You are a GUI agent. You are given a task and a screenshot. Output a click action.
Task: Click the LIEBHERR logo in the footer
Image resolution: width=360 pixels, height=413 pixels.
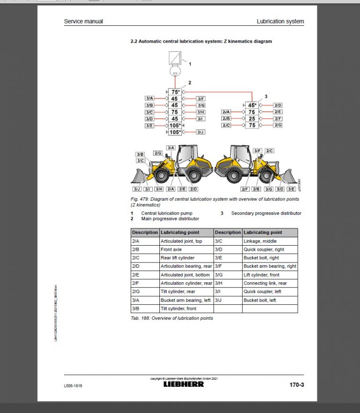pyautogui.click(x=183, y=384)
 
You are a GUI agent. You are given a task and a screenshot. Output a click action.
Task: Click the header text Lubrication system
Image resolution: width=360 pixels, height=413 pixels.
pyautogui.click(x=280, y=22)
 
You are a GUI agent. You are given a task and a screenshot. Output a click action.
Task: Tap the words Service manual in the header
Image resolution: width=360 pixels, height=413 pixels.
pyautogui.click(x=83, y=22)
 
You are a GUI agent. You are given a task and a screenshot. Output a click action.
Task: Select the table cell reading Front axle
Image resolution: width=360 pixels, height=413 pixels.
pyautogui.click(x=171, y=249)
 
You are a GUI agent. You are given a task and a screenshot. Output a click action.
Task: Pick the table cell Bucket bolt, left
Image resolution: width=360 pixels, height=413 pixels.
pyautogui.click(x=260, y=300)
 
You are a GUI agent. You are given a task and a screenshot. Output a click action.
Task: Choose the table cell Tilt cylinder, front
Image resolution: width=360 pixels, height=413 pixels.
pyautogui.click(x=179, y=308)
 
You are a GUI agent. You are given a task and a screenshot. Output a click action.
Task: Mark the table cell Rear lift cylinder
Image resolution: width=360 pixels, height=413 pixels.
pyautogui.click(x=178, y=258)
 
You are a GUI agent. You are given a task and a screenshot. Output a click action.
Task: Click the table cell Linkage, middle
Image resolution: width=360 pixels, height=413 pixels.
pyautogui.click(x=260, y=241)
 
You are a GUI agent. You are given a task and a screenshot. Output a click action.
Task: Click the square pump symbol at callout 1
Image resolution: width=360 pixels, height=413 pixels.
pyautogui.click(x=175, y=60)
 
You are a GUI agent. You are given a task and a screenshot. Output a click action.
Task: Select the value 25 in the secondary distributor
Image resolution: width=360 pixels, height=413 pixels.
pyautogui.click(x=252, y=119)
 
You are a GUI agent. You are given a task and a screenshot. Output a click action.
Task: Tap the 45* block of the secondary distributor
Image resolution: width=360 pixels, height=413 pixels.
pyautogui.click(x=252, y=105)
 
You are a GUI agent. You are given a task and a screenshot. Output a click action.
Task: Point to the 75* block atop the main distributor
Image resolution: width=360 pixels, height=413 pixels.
pyautogui.click(x=175, y=92)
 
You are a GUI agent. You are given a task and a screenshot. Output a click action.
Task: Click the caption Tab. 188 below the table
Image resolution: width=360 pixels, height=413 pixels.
pyautogui.click(x=172, y=318)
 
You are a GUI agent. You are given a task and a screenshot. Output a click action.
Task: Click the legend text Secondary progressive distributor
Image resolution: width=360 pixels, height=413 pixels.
pyautogui.click(x=266, y=213)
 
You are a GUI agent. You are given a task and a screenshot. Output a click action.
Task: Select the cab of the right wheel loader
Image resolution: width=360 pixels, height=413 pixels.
pyautogui.click(x=240, y=154)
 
